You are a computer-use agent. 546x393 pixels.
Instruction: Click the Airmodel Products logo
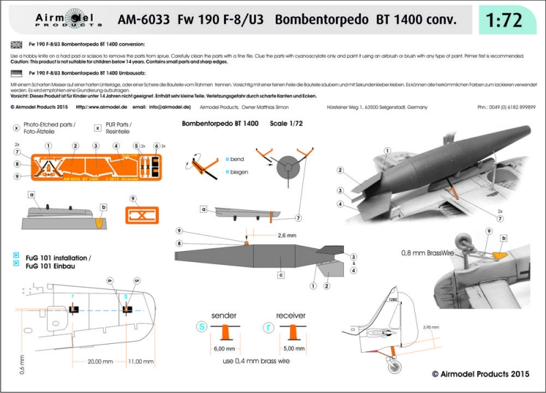[40, 20]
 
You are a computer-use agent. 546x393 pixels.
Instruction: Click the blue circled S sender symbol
[201, 327]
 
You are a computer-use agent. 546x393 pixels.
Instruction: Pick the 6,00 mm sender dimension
[224, 348]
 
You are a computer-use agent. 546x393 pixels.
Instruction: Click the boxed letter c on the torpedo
[281, 275]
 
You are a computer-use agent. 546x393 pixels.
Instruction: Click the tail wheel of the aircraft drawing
[394, 368]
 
